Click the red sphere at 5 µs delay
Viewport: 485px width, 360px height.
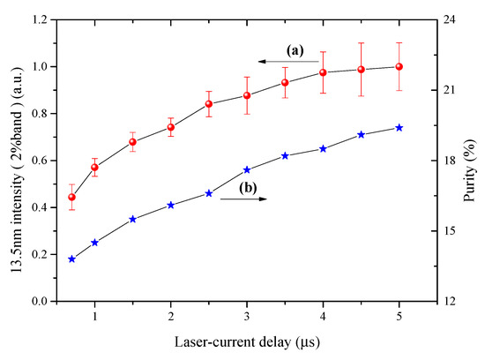[399, 67]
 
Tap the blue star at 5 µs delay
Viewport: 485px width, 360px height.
[399, 128]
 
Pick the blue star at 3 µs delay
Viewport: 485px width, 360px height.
[247, 169]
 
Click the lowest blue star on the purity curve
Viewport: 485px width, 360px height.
[71, 259]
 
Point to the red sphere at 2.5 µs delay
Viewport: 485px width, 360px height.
[209, 104]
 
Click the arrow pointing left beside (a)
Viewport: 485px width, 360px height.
[287, 61]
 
